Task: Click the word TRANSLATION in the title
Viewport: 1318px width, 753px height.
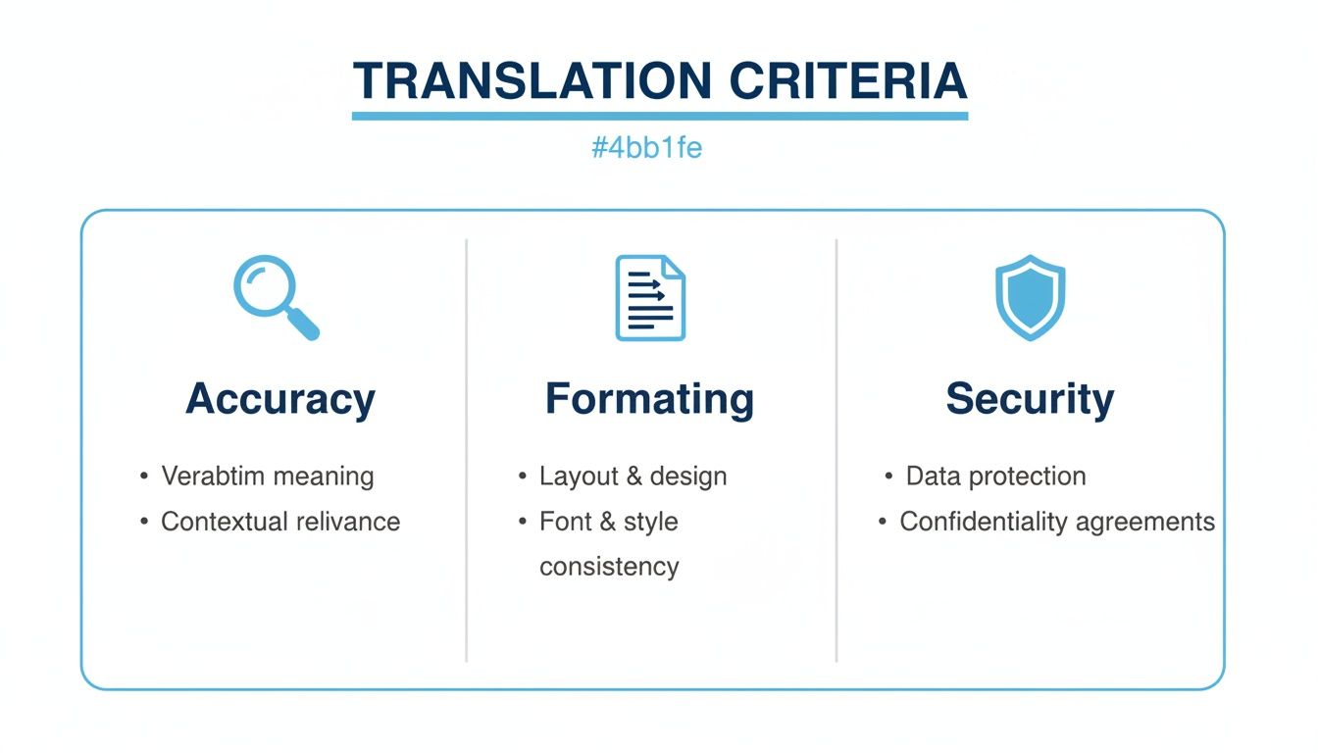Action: pyautogui.click(x=532, y=80)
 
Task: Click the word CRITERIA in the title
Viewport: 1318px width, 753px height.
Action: pyautogui.click(x=848, y=80)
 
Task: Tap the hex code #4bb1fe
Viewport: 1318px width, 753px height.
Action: pyautogui.click(x=646, y=147)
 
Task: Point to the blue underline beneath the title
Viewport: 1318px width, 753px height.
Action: pyautogui.click(x=660, y=116)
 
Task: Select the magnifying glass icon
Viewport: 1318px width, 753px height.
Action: pyautogui.click(x=276, y=297)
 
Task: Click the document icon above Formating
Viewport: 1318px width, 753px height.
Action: pyautogui.click(x=650, y=298)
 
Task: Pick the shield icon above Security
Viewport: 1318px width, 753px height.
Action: pyautogui.click(x=1030, y=297)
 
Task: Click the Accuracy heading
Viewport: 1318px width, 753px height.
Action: pyautogui.click(x=280, y=399)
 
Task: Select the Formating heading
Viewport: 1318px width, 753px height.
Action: pyautogui.click(x=649, y=399)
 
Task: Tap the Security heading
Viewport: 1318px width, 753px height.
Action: pyautogui.click(x=1030, y=399)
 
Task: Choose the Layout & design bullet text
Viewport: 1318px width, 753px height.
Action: pyautogui.click(x=634, y=477)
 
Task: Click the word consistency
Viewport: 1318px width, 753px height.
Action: pyautogui.click(x=609, y=567)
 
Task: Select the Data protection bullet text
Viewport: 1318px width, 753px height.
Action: pyautogui.click(x=995, y=476)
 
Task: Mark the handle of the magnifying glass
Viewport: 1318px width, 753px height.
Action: pyautogui.click(x=304, y=325)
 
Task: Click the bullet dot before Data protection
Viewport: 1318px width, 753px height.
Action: pyautogui.click(x=888, y=476)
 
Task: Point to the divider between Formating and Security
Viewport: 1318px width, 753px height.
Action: pyautogui.click(x=836, y=451)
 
